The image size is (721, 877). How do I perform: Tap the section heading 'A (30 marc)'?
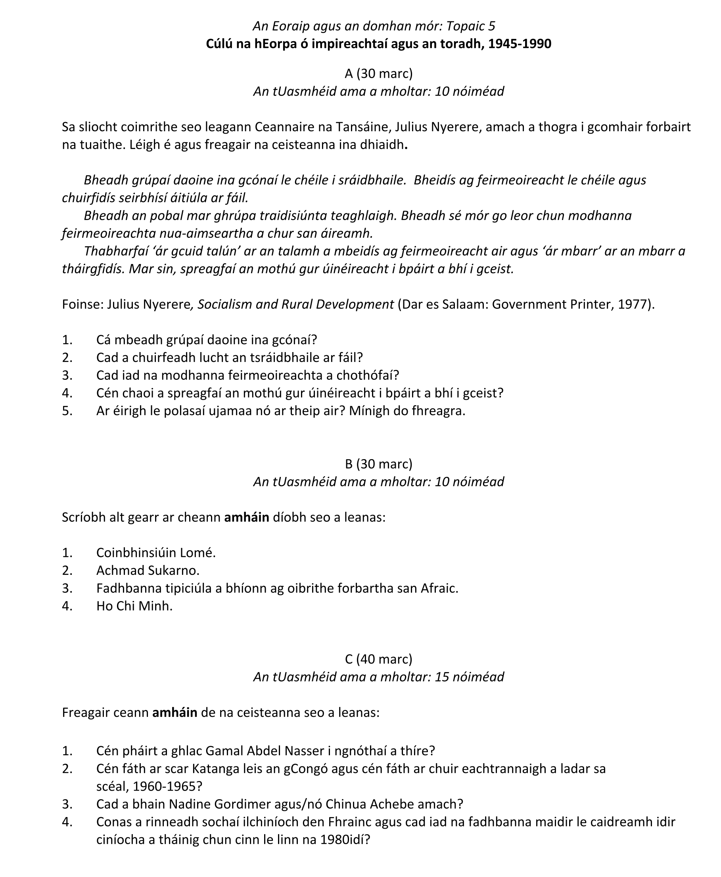coord(378,73)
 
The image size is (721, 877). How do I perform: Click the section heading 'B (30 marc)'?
coord(378,464)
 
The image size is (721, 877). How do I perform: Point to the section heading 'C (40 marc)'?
coord(378,659)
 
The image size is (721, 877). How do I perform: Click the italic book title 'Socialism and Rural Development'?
coord(296,304)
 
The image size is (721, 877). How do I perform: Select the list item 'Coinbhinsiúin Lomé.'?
coord(156,553)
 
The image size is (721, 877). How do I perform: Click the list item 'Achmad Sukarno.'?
coord(148,571)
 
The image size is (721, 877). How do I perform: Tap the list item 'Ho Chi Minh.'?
coord(134,606)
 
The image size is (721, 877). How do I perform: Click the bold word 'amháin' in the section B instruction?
coord(247,517)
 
